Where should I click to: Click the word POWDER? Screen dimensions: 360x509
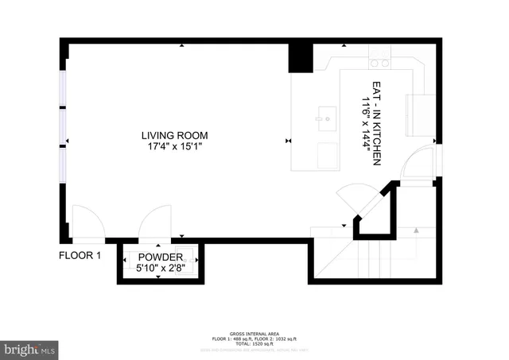coord(161,257)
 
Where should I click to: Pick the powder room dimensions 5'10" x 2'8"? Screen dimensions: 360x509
coord(161,269)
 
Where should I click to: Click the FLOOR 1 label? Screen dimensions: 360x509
coord(80,255)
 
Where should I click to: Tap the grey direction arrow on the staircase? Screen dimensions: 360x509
coord(415,231)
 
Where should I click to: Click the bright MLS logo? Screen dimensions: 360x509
coord(30,348)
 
